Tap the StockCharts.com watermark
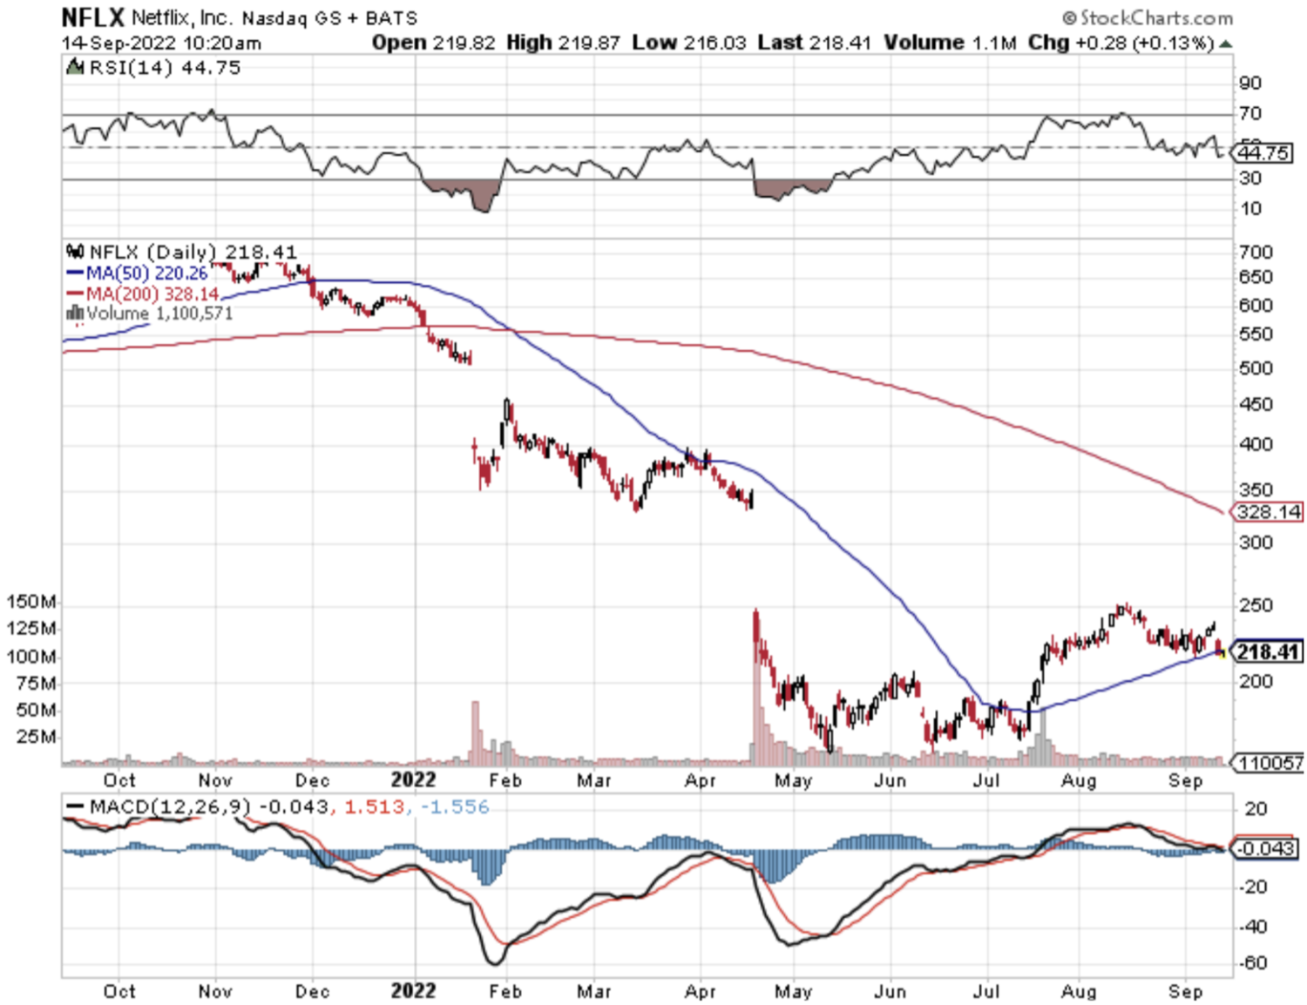tap(1148, 17)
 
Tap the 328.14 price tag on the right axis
tap(1268, 511)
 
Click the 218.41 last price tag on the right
tap(1268, 651)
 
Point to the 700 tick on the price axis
tap(1256, 253)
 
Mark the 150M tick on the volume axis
tap(31, 602)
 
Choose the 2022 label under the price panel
tap(413, 779)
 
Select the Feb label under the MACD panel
tap(505, 991)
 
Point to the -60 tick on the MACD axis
tap(1253, 963)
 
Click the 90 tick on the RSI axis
tap(1250, 83)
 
